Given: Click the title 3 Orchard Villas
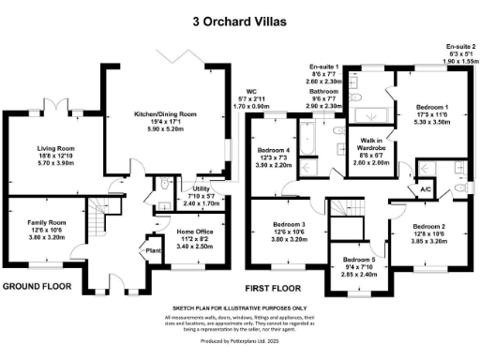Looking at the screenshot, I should tap(239, 18).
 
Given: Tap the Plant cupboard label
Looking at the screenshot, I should tap(150, 249).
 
